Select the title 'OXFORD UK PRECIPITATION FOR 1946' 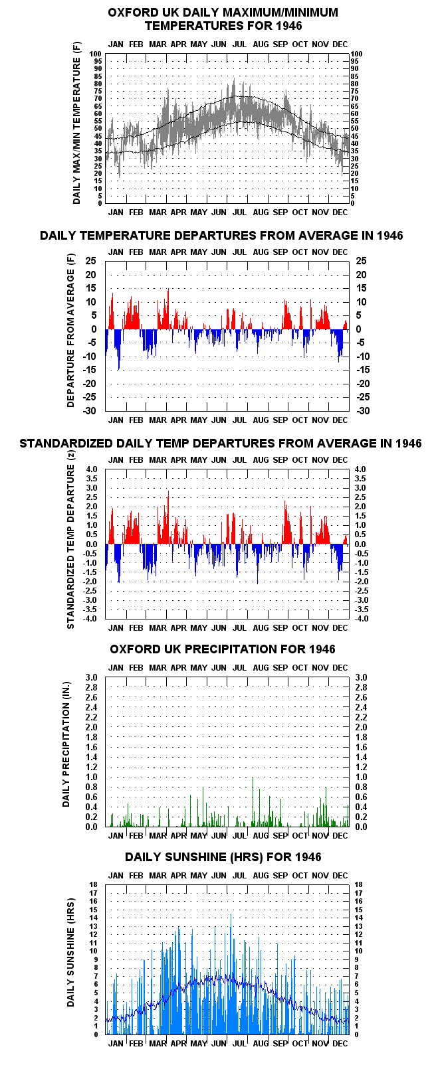tap(223, 649)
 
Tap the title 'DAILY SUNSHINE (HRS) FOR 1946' tap(223, 857)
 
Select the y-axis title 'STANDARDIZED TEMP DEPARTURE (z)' tap(71, 546)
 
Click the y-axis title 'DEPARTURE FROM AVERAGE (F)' tap(71, 330)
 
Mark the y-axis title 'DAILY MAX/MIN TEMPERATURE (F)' tap(76, 123)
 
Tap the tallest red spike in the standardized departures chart tap(168, 517)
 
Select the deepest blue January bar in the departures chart tap(118, 349)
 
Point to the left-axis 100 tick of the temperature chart tap(96, 54)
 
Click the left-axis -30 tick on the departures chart tap(90, 411)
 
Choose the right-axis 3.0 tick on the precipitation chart tap(362, 677)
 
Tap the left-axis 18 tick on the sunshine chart tap(94, 885)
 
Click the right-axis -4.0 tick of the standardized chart tap(361, 619)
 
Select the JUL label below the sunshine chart tap(239, 1043)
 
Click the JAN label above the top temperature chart tap(116, 44)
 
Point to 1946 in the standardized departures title tap(408, 443)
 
